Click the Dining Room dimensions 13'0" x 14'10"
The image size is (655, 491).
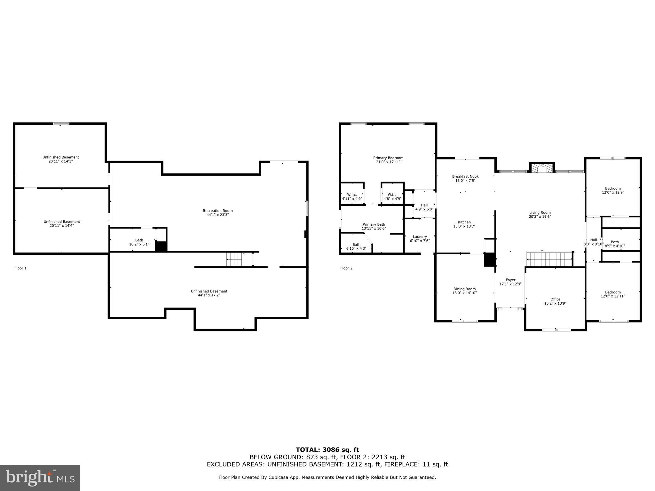point(464,293)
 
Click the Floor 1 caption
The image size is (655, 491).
point(20,268)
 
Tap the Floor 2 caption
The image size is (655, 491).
point(346,268)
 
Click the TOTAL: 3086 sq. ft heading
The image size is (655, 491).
point(327,450)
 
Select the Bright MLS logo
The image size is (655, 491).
point(40,478)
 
